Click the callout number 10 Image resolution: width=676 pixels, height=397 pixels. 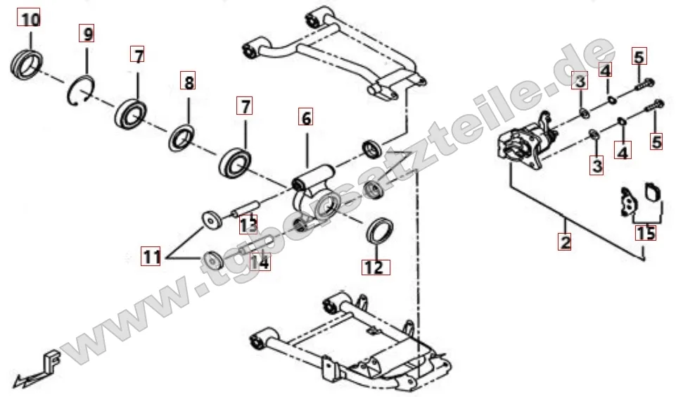28,18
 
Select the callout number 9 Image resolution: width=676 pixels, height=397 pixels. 87,33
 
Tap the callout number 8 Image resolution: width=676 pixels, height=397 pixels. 188,81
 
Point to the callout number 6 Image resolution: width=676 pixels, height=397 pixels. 306,117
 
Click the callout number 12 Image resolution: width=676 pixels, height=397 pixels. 376,267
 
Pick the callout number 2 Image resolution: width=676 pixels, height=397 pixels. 565,241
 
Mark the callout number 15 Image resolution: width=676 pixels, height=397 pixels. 645,232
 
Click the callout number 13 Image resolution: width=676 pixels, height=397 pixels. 248,225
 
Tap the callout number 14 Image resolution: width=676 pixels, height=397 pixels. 260,261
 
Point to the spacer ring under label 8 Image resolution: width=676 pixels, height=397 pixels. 181,137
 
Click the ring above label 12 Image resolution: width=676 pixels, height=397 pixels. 380,231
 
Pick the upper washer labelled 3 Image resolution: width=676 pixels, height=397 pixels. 584,113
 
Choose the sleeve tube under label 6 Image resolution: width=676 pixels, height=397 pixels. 314,177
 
